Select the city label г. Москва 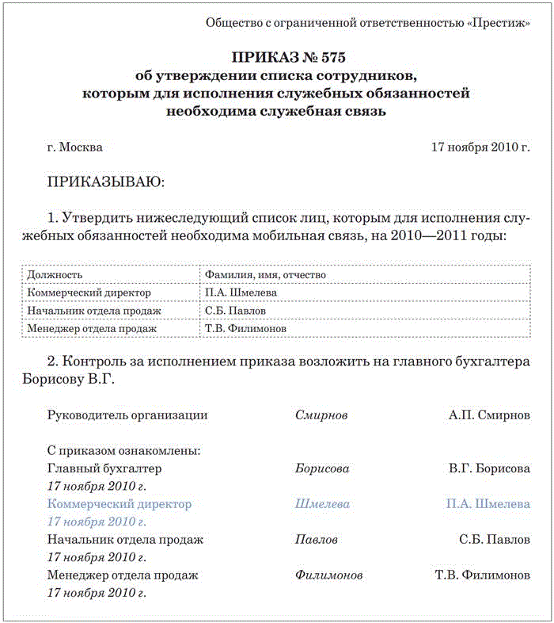click(x=75, y=147)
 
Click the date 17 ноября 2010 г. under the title click(x=480, y=147)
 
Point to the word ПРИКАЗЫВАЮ click(x=106, y=182)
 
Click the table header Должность click(x=55, y=274)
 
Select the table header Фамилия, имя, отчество click(x=265, y=274)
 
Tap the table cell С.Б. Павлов click(x=234, y=311)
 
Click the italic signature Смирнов click(x=321, y=415)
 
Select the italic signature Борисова click(x=322, y=468)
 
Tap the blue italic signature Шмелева click(x=322, y=504)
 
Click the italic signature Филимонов click(x=329, y=575)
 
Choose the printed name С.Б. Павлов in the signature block click(x=495, y=540)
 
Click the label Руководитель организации click(x=127, y=415)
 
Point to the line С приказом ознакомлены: click(x=124, y=450)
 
